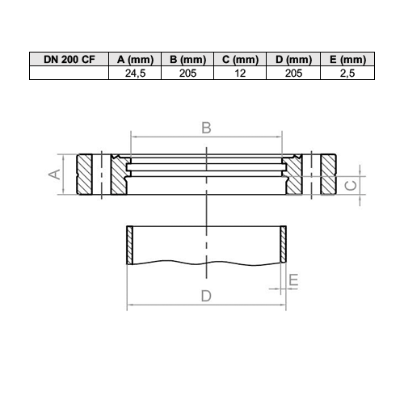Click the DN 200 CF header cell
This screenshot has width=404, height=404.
69,59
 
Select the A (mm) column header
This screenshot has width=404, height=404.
135,59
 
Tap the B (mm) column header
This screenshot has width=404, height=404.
187,59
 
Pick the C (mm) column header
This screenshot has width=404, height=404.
240,59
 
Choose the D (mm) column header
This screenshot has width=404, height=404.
293,59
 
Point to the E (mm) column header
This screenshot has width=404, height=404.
347,59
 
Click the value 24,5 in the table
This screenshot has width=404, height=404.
135,74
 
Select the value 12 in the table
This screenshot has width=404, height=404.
240,74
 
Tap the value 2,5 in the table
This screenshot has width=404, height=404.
347,74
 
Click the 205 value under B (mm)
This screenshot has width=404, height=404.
187,74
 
